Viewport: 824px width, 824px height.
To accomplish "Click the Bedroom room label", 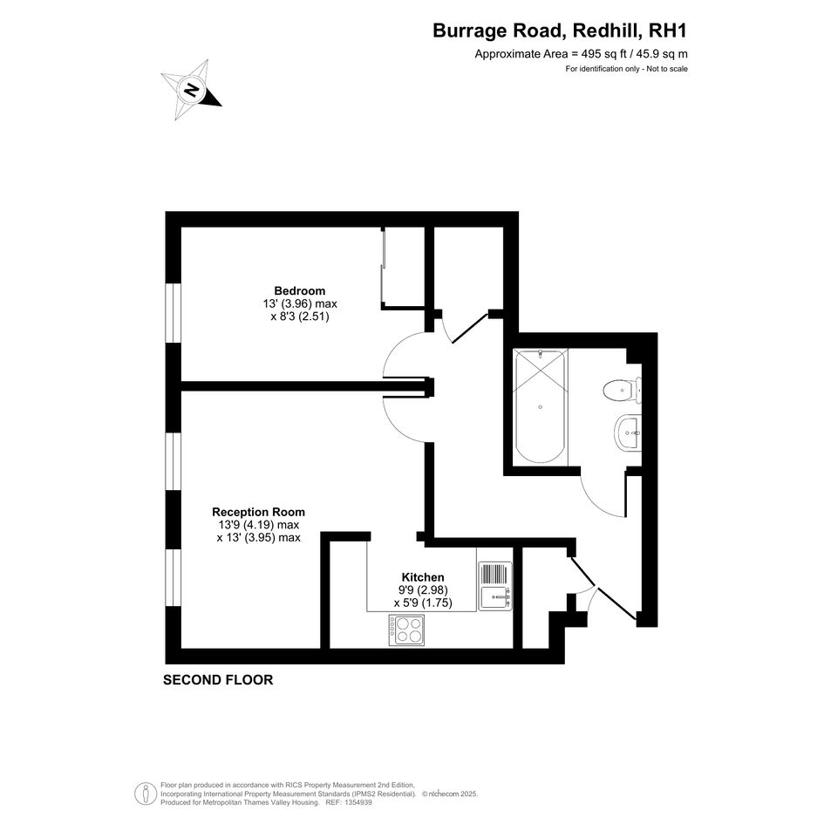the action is (300, 290).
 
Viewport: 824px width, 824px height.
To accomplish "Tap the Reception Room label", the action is (259, 512).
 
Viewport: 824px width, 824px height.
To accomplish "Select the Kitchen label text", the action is (423, 577).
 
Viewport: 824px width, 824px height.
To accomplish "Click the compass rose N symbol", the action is (191, 90).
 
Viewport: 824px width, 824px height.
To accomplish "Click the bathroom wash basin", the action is (628, 433).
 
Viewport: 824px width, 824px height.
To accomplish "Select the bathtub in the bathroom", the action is (541, 406).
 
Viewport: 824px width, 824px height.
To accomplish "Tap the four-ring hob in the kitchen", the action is (406, 630).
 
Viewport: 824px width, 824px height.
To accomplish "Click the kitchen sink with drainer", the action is (495, 586).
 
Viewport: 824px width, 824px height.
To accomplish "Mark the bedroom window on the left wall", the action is (173, 313).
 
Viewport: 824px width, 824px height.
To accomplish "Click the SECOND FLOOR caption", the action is (218, 680).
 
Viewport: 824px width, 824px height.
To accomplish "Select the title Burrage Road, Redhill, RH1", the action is (560, 31).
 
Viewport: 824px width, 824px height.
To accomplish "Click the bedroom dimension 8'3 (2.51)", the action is (300, 317).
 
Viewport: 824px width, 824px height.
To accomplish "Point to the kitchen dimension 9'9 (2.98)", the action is (423, 590).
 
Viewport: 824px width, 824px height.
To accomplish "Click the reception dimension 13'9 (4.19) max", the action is (259, 524).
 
